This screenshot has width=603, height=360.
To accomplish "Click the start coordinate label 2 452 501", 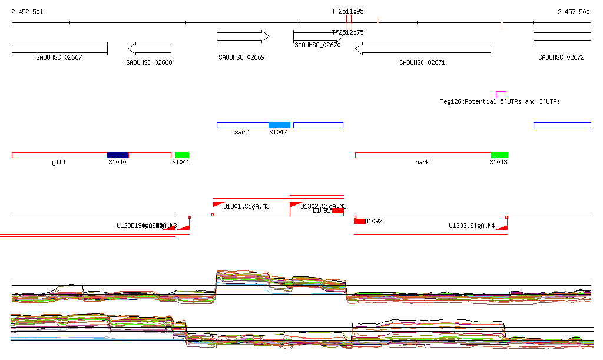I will [x=27, y=12].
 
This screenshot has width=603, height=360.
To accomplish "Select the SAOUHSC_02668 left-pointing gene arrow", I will [x=150, y=48].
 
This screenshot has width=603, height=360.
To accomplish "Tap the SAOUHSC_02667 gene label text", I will [x=59, y=57].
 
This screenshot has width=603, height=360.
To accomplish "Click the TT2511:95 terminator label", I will [x=347, y=11].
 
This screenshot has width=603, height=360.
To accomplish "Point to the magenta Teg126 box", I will [x=501, y=95].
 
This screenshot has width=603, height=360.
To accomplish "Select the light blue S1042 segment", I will [x=279, y=125].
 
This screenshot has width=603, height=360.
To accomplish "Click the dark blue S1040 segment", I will [x=118, y=155].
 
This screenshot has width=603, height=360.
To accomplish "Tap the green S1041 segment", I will [x=182, y=155].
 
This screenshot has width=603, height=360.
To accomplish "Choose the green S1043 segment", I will [x=499, y=155].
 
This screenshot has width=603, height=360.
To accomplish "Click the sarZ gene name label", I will [x=241, y=133].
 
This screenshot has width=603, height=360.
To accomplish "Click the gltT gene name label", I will [x=59, y=162].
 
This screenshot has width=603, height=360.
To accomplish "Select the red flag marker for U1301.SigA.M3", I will [x=217, y=205].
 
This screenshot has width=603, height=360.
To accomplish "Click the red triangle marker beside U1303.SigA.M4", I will [x=502, y=227].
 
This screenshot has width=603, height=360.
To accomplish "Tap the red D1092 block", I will [x=360, y=221].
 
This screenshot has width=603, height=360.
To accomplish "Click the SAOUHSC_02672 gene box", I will [x=562, y=37].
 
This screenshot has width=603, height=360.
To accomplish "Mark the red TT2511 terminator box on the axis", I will [x=349, y=19].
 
